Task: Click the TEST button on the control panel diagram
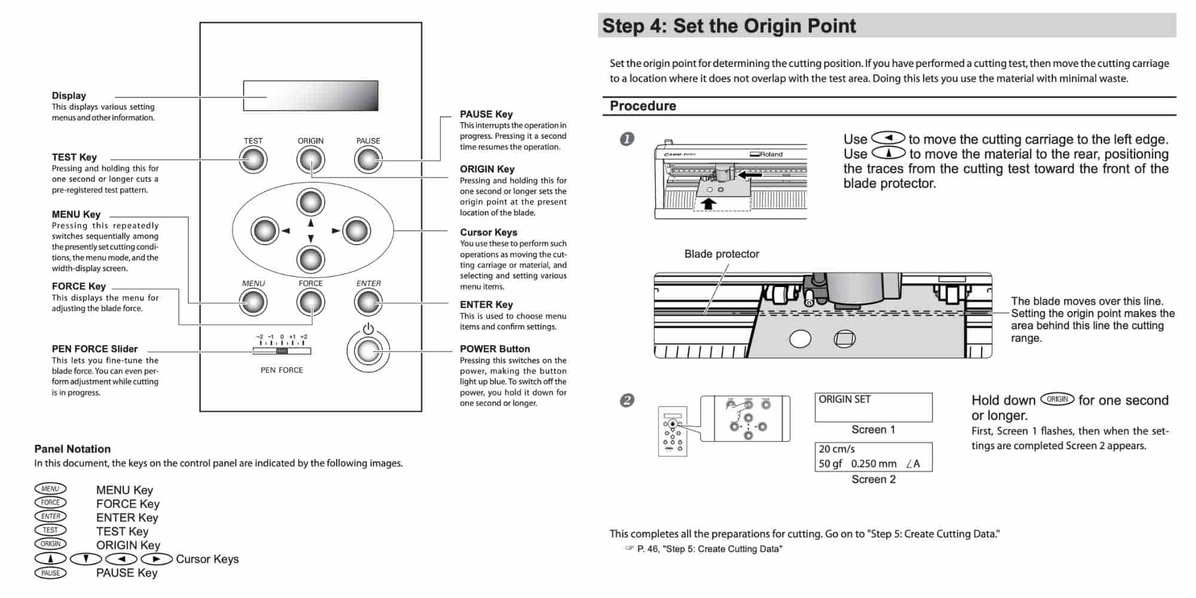253,160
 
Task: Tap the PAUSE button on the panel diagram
368,160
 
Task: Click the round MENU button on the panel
253,303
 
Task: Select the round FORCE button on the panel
310,303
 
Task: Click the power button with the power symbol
368,351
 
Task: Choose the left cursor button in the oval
265,231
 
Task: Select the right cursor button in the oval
356,231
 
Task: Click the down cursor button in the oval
310,260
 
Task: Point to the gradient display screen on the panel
310,96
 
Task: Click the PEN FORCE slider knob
282,351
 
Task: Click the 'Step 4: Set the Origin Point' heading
729,26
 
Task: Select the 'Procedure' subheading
643,106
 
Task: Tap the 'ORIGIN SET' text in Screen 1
844,399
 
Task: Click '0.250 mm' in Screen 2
874,463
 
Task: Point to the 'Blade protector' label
721,254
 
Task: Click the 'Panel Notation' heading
72,449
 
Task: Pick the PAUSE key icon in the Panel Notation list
50,573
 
